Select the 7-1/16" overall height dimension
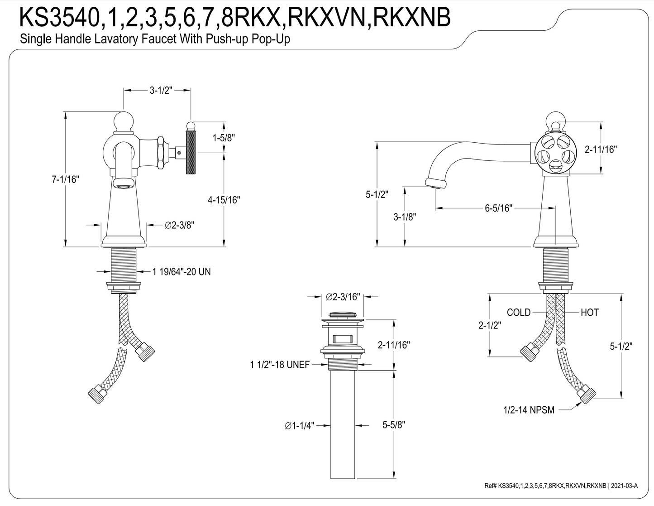pos(64,179)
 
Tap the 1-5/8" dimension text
pos(224,138)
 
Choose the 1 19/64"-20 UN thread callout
pos(181,272)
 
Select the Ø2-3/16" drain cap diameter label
pos(343,297)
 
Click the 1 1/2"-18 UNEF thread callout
pos(280,364)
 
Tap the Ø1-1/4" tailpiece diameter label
pos(300,425)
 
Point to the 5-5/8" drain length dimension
pos(393,425)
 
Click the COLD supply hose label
pos(519,313)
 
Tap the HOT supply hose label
pos(590,313)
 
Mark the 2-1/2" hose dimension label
pos(489,325)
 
